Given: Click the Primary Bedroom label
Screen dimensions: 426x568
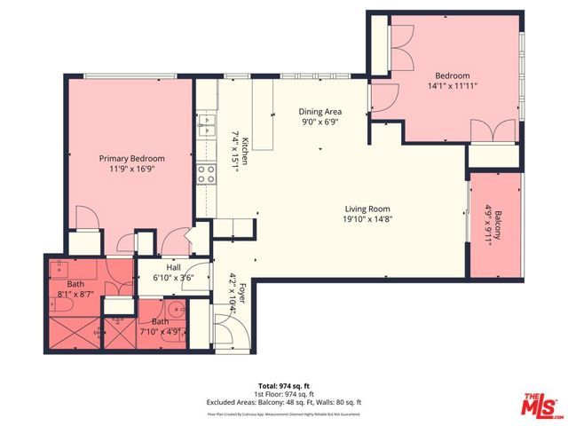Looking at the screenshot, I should tap(131, 159).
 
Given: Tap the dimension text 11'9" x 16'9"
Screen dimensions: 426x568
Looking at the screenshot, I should tap(131, 170).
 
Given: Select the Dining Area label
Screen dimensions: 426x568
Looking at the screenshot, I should tap(319, 112).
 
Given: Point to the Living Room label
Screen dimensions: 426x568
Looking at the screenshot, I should tap(367, 209).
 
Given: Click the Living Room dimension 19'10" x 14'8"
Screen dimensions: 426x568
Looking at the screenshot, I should tap(367, 220).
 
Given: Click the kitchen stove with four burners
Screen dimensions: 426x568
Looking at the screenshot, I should tap(207, 173).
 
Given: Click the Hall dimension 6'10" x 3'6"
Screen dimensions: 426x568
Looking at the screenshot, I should tap(173, 277).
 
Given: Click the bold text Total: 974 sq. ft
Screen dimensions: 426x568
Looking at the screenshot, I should tap(284, 387).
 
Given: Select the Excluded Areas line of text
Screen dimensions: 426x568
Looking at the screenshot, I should tap(284, 404).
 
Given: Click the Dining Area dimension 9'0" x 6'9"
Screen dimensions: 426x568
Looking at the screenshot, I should tap(319, 122).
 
